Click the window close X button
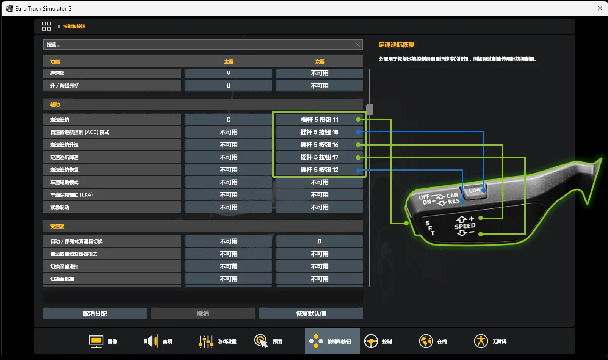(600, 8)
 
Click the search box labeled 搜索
(199, 44)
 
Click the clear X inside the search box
(357, 45)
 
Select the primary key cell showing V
(228, 73)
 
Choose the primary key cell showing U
(228, 86)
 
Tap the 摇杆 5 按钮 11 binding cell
(319, 120)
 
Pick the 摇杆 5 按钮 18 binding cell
(319, 132)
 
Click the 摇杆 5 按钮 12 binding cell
(319, 170)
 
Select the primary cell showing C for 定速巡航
(228, 120)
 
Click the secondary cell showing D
(319, 241)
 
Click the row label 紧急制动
(60, 208)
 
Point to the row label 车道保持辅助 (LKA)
(72, 195)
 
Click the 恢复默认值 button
(311, 314)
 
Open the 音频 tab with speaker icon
(158, 341)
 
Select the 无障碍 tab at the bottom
(490, 341)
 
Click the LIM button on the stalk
(475, 191)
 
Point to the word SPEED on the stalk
(465, 226)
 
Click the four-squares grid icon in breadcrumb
(46, 26)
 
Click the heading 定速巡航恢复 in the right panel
(396, 45)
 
